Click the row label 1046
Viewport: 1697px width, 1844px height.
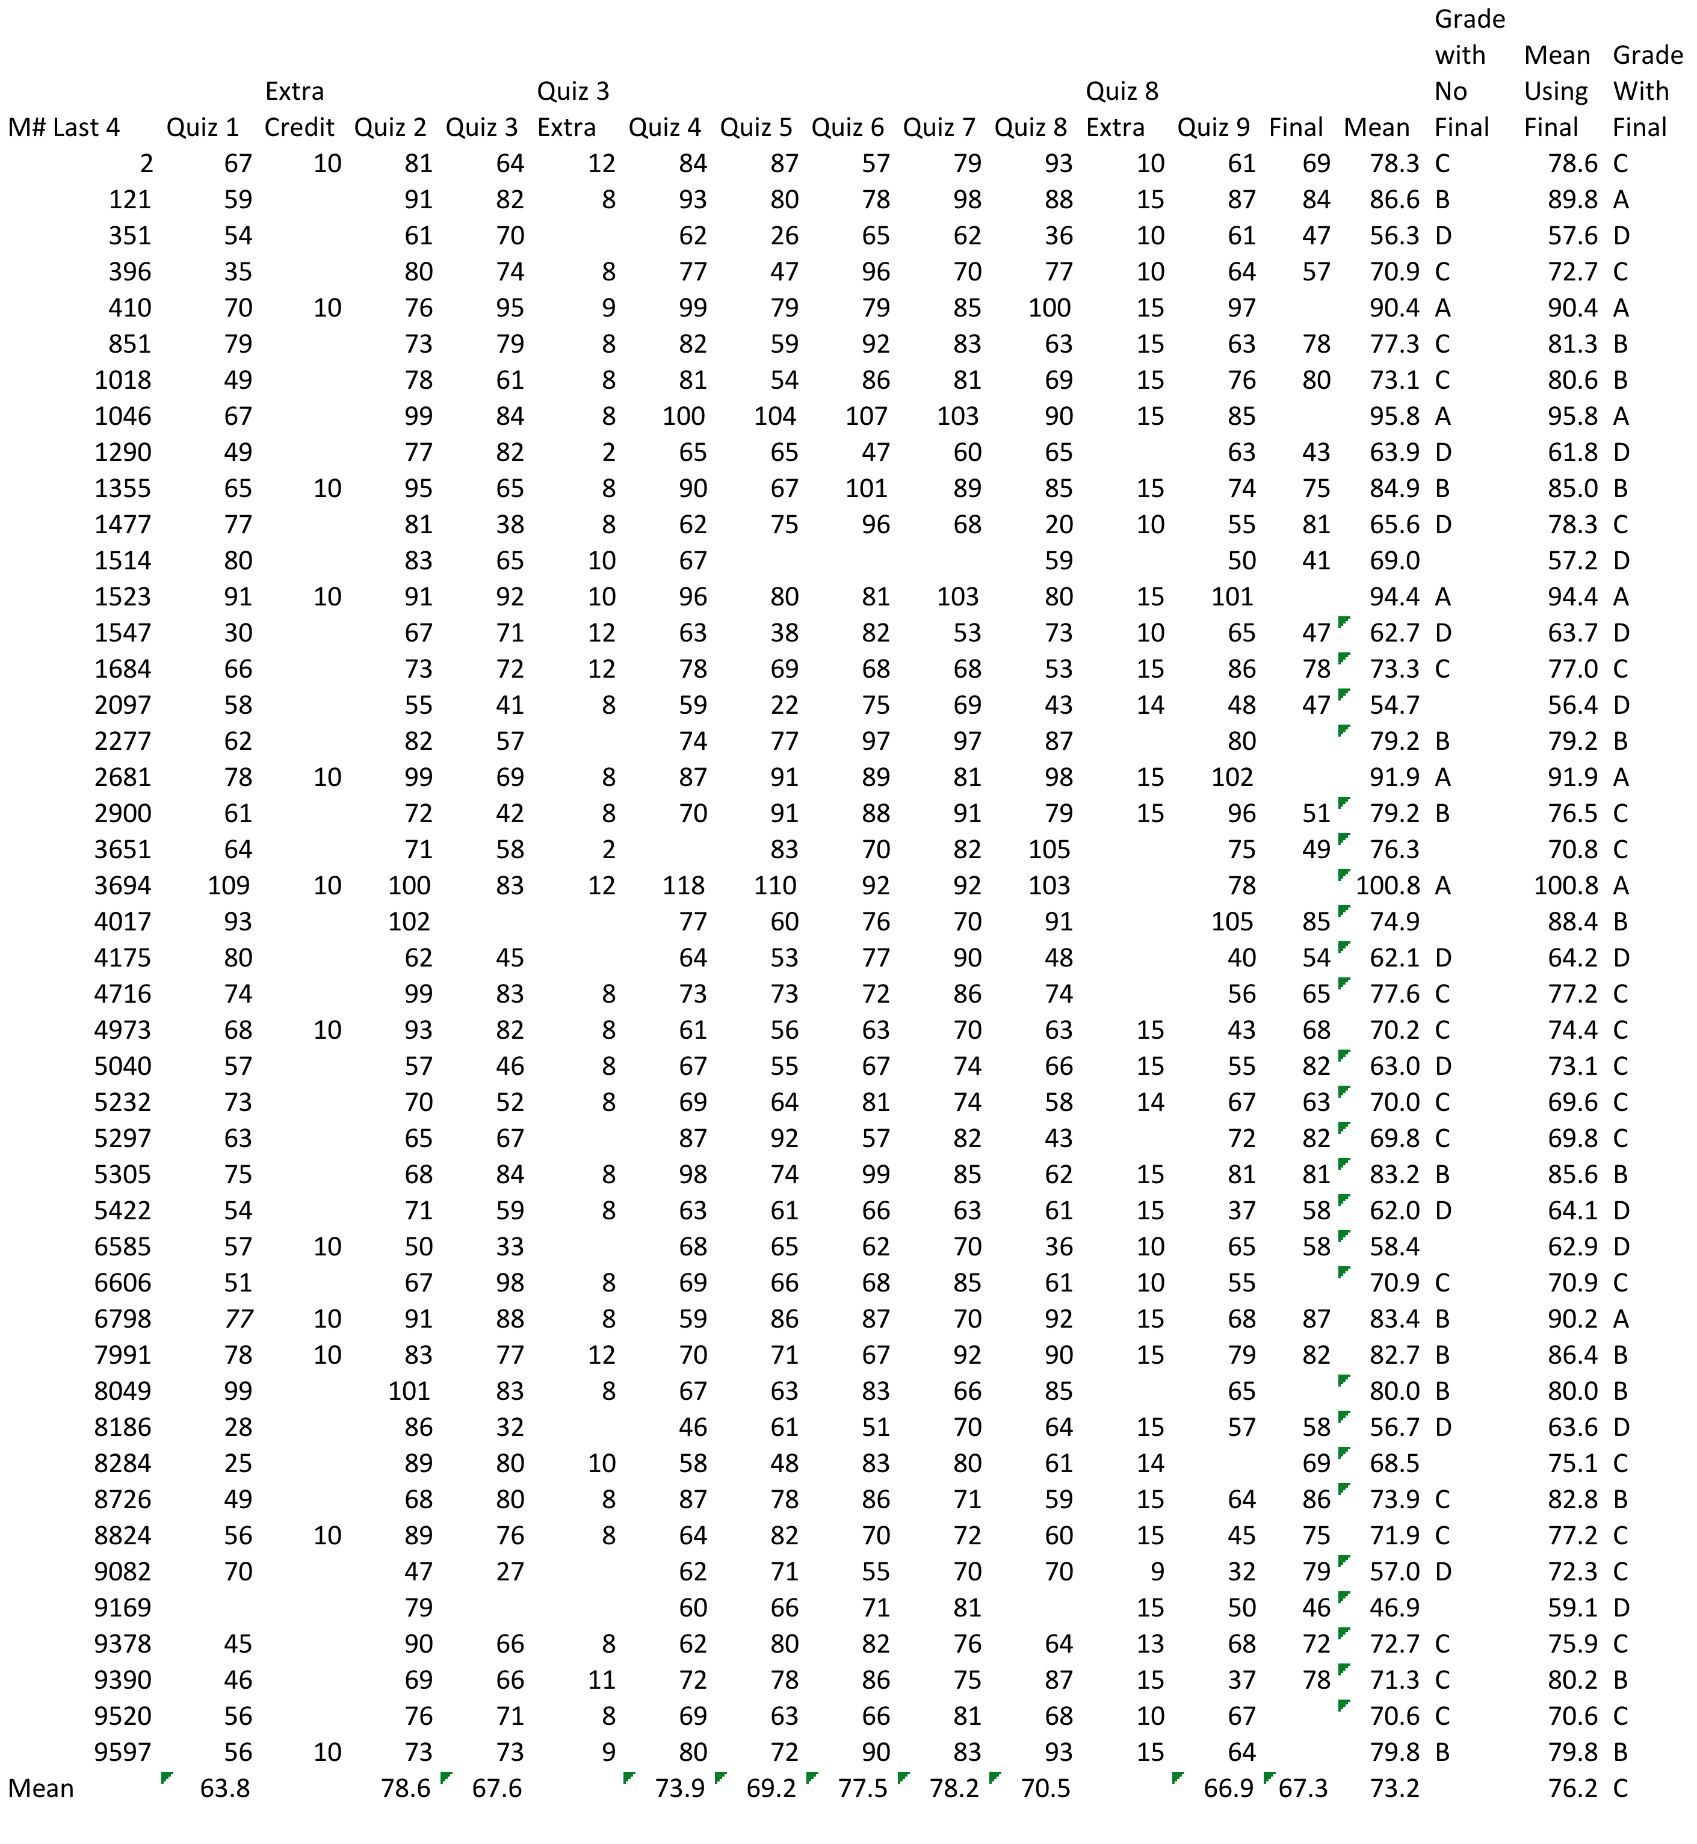(123, 416)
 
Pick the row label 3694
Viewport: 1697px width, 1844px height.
(123, 885)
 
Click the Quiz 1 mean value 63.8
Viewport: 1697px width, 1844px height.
(225, 1788)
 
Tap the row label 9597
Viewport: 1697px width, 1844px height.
(123, 1752)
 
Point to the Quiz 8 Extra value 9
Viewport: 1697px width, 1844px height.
(1157, 1571)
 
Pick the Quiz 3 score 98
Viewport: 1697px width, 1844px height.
(510, 1283)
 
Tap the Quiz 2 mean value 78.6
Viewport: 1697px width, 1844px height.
(405, 1788)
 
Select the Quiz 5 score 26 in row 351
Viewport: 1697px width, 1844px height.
(784, 236)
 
